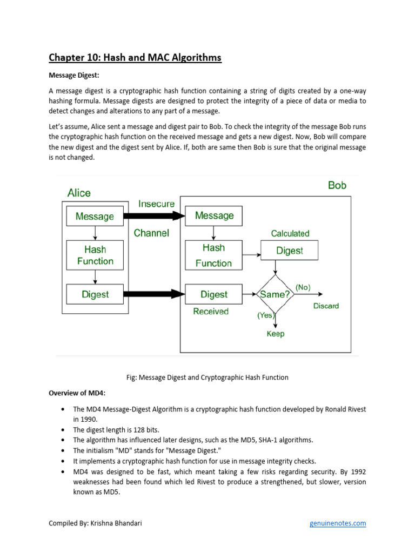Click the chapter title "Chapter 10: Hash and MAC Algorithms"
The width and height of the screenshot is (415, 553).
pyautogui.click(x=135, y=58)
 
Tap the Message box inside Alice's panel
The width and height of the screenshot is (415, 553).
pyautogui.click(x=95, y=217)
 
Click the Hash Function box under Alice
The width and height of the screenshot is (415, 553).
pyautogui.click(x=95, y=255)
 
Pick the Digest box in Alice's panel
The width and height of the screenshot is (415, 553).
pyautogui.click(x=95, y=294)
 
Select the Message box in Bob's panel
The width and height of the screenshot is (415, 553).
pyautogui.click(x=214, y=216)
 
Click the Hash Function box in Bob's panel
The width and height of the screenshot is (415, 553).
pyautogui.click(x=213, y=255)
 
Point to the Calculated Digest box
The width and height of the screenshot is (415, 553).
pyautogui.click(x=289, y=251)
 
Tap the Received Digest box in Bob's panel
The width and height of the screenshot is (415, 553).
pyautogui.click(x=214, y=294)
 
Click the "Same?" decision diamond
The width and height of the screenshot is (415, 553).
pyautogui.click(x=276, y=294)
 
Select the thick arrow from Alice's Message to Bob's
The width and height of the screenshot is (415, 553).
pyautogui.click(x=155, y=216)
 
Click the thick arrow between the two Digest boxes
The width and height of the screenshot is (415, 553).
pyautogui.click(x=155, y=294)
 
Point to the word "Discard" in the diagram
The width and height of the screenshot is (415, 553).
pyautogui.click(x=326, y=306)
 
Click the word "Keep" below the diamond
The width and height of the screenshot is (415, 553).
pyautogui.click(x=276, y=334)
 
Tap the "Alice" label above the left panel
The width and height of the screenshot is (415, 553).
pyautogui.click(x=79, y=193)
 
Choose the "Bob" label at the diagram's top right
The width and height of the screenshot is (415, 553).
pyautogui.click(x=337, y=185)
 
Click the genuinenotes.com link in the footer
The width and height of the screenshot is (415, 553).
pyautogui.click(x=337, y=523)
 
